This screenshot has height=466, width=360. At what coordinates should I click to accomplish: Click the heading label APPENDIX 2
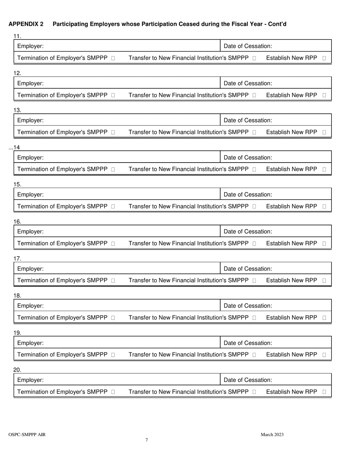pyautogui.click(x=26, y=24)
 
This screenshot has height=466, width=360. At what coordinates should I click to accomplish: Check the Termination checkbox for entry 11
pyautogui.click(x=113, y=58)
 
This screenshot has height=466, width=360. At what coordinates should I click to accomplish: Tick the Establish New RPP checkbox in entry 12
pyautogui.click(x=324, y=95)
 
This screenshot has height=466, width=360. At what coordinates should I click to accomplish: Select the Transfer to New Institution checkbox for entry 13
pyautogui.click(x=254, y=133)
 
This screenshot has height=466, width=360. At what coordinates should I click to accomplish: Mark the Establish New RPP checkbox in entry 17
pyautogui.click(x=324, y=281)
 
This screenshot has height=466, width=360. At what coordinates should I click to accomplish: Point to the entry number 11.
pyautogui.click(x=17, y=36)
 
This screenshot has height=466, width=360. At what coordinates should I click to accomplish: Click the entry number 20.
pyautogui.click(x=17, y=370)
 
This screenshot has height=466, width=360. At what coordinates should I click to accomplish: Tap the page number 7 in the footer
pyautogui.click(x=147, y=440)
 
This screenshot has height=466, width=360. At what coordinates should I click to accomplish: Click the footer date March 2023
pyautogui.click(x=272, y=435)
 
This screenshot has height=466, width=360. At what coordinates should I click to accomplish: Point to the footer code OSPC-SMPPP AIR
pyautogui.click(x=27, y=435)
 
